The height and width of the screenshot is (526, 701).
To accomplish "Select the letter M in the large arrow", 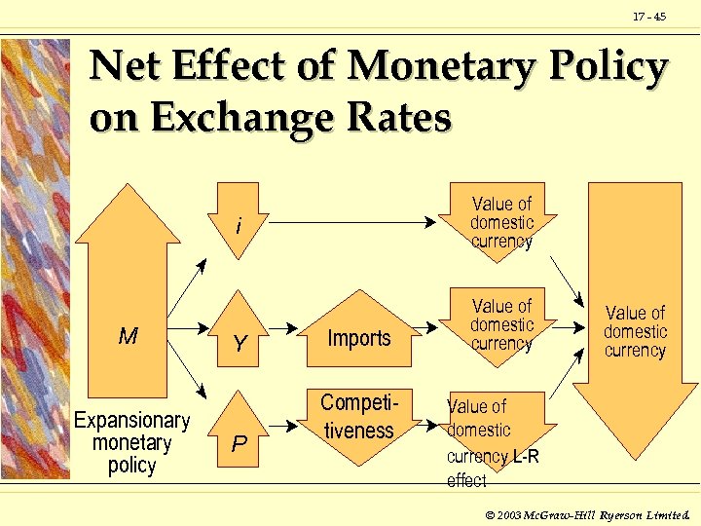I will click(x=128, y=337).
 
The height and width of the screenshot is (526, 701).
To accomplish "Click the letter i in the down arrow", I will click(x=239, y=227).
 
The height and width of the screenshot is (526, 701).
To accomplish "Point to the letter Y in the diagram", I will click(x=239, y=344).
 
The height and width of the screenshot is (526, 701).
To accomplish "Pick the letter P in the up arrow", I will click(x=239, y=444).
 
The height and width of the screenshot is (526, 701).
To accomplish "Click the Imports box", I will click(x=359, y=338).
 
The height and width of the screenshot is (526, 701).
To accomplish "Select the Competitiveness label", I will click(x=358, y=416).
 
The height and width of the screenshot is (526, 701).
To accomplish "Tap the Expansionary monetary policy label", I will click(x=132, y=442).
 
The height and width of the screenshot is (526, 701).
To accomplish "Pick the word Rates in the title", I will click(x=399, y=117).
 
